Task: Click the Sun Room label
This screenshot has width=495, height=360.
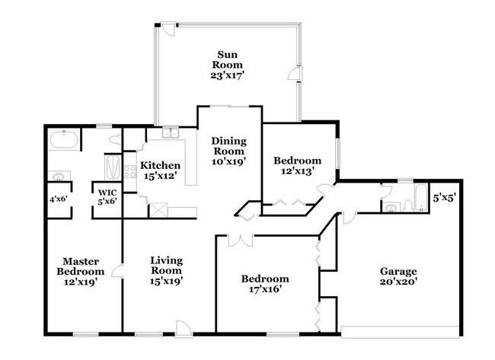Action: pyautogui.click(x=225, y=65)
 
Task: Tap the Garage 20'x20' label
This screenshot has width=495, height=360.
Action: pyautogui.click(x=398, y=277)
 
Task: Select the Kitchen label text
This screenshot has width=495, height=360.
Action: pyautogui.click(x=161, y=170)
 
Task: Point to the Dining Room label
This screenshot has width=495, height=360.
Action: pyautogui.click(x=229, y=151)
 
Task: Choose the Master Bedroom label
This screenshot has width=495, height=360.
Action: pyautogui.click(x=83, y=271)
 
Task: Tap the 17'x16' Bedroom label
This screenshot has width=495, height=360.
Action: pyautogui.click(x=265, y=284)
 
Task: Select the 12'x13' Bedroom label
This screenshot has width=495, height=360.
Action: pyautogui.click(x=297, y=166)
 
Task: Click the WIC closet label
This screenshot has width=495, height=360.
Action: pyautogui.click(x=105, y=196)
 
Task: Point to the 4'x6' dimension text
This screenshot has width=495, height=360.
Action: pyautogui.click(x=59, y=201)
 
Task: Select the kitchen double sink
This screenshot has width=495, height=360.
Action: pyautogui.click(x=169, y=134)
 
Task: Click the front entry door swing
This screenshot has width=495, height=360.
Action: pyautogui.click(x=184, y=327)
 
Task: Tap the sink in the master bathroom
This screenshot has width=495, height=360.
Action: pyautogui.click(x=56, y=177)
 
